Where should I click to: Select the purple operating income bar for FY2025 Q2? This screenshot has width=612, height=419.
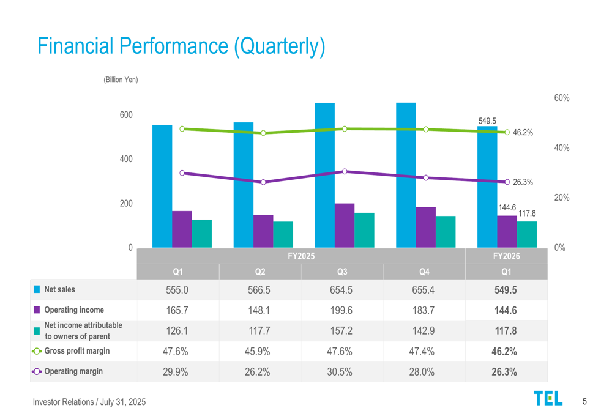pos(263,231)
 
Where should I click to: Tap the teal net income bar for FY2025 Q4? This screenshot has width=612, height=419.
pos(446,232)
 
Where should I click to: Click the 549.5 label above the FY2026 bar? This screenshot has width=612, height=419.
pos(487,121)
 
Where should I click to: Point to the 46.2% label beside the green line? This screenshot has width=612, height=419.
pos(523,133)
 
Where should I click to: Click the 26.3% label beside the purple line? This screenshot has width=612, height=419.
pos(523,182)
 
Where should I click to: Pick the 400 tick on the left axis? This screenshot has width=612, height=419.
pos(126,159)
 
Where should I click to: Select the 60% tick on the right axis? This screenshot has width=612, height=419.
pos(562,98)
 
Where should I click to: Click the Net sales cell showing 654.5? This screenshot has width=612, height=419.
pos(341,290)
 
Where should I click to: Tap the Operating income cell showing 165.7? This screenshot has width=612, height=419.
pos(177,310)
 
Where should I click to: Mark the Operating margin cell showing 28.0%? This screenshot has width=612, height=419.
pos(423,371)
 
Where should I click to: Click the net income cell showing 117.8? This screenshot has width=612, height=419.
pos(506,331)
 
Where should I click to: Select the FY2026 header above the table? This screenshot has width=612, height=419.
pos(506,256)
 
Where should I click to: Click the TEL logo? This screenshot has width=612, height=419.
pos(548,398)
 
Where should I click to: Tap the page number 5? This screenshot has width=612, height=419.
pos(584,401)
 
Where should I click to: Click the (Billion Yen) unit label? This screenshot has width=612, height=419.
pos(121,80)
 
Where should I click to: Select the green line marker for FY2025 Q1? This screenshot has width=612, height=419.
pos(182,129)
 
